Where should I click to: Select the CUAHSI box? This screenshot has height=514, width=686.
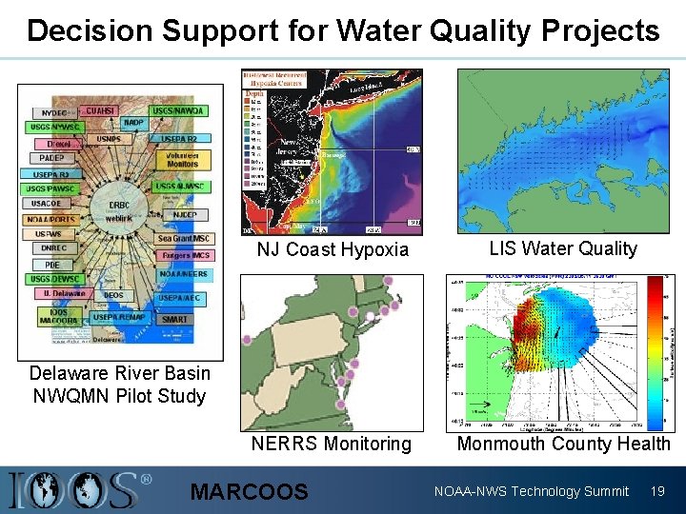click(x=100, y=111)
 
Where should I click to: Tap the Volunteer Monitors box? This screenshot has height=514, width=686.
click(x=182, y=159)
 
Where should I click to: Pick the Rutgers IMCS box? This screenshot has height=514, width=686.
click(x=184, y=255)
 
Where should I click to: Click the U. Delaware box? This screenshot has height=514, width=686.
click(x=64, y=294)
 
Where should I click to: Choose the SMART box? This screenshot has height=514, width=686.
click(x=174, y=319)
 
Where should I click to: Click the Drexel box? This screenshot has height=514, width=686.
click(x=58, y=144)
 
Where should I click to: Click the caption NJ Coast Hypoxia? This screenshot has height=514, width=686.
click(x=333, y=249)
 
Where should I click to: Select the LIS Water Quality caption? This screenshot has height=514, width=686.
click(x=563, y=248)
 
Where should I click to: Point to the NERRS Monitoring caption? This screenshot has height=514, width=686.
click(x=332, y=444)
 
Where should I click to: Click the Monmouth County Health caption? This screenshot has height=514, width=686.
click(x=564, y=444)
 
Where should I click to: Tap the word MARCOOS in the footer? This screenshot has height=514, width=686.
click(x=250, y=491)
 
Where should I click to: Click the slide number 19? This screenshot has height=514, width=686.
click(x=656, y=491)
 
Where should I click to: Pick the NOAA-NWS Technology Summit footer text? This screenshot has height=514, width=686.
click(x=531, y=491)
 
